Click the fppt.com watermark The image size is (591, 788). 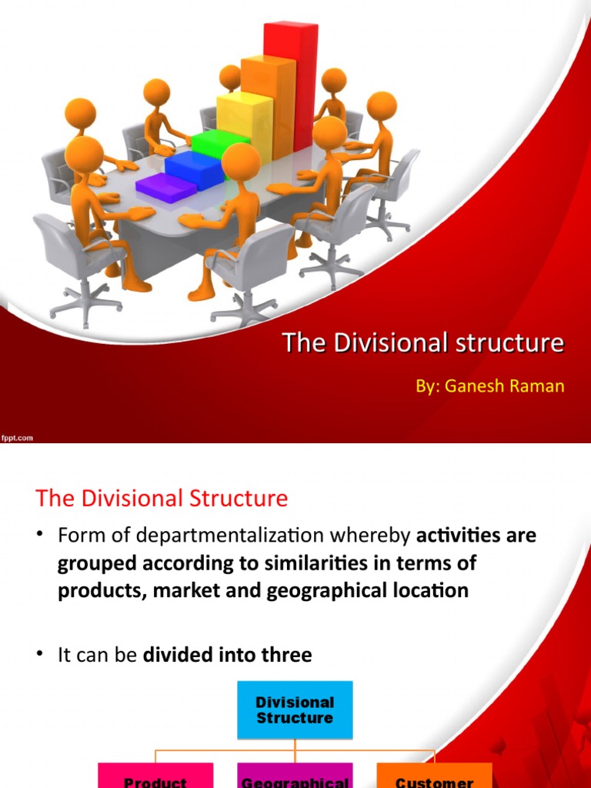(17, 438)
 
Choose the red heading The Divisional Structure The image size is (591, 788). (162, 498)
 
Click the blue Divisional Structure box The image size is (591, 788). (295, 710)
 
